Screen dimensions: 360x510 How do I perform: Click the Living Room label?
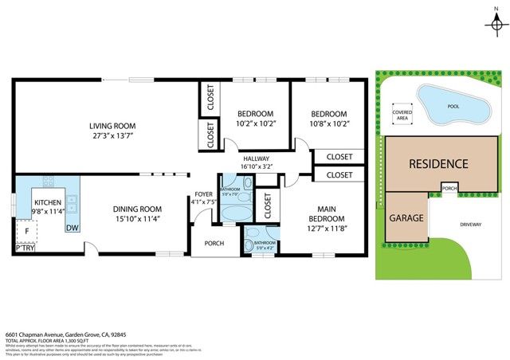pos(112,126)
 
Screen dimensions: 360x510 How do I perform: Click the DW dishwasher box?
pos(73,229)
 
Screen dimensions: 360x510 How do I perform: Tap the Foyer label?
pos(204,195)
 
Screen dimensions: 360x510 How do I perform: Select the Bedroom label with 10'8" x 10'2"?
pos(328,114)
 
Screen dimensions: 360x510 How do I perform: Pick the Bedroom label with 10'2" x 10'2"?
pos(256,114)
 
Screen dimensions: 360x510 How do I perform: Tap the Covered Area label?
pos(402,115)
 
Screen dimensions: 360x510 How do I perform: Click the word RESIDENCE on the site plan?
pos(438,164)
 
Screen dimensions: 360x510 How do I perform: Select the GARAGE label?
pos(406,217)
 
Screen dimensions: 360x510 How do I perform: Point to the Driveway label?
pos(471,225)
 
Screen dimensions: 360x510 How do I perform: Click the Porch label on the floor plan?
pos(214,244)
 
